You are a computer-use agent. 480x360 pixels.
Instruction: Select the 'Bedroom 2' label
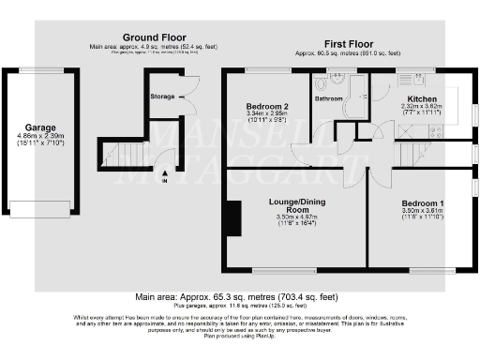265,106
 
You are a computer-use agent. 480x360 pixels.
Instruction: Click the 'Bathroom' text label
328,97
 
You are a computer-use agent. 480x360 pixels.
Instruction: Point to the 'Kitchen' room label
420,97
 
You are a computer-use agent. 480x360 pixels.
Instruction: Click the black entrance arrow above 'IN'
165,172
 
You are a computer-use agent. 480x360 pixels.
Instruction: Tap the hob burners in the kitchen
435,132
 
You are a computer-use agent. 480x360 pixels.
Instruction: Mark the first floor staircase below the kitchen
411,154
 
